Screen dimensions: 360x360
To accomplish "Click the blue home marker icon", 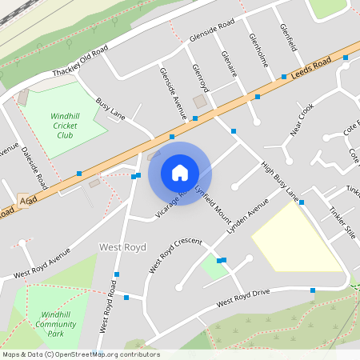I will click(180, 173).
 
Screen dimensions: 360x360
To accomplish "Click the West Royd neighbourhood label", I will click(122, 247).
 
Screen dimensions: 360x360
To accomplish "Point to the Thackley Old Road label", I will click(80, 62).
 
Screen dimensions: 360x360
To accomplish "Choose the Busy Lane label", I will click(110, 110).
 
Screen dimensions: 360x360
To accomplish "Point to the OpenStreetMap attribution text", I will click(81, 354).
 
